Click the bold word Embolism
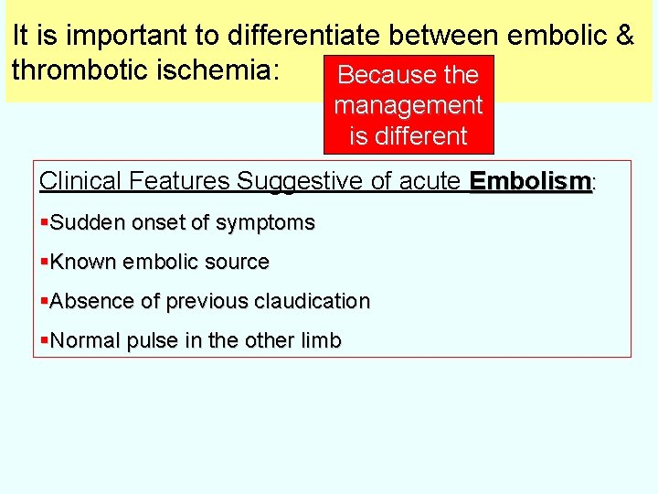[x=531, y=181]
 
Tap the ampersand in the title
[x=625, y=36]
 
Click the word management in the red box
[x=409, y=105]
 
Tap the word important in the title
[x=124, y=36]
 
